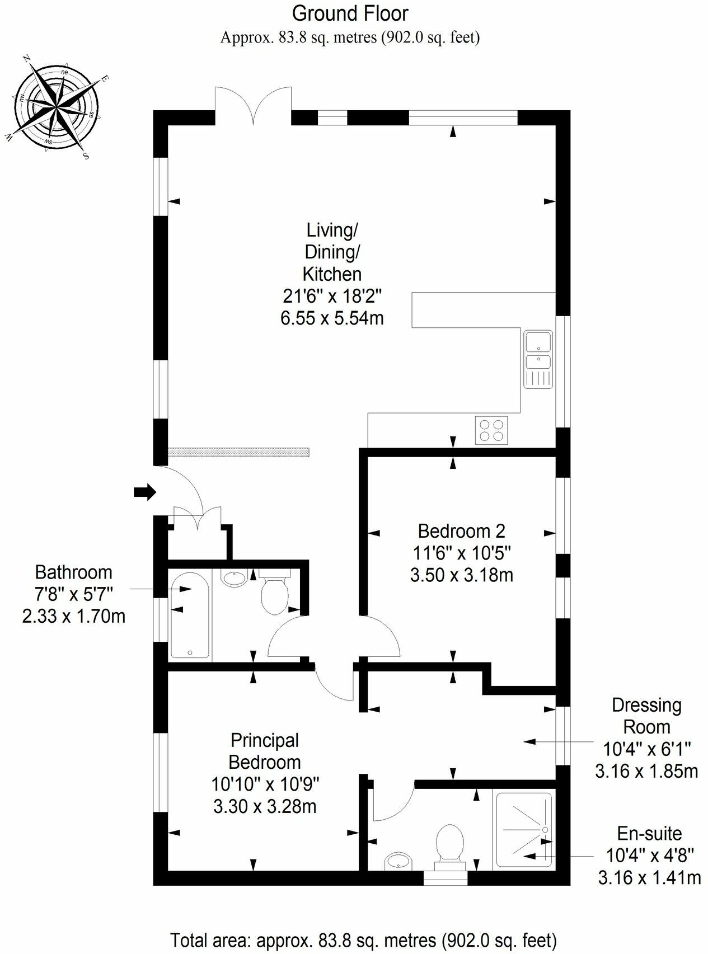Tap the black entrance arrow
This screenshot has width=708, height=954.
(144, 492)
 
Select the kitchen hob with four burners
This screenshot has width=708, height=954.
(491, 430)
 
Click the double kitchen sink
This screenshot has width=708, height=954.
(538, 358)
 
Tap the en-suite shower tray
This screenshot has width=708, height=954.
(524, 829)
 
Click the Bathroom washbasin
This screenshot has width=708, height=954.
(235, 577)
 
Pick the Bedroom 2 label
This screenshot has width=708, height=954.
(461, 530)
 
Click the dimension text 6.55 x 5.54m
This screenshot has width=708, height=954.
(332, 318)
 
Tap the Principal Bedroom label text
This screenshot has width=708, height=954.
(265, 751)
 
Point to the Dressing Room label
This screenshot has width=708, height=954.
(646, 716)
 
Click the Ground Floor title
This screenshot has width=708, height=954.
(350, 13)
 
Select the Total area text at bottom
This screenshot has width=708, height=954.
(363, 939)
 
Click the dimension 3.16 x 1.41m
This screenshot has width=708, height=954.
(649, 877)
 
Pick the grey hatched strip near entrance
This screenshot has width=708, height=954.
(238, 452)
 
